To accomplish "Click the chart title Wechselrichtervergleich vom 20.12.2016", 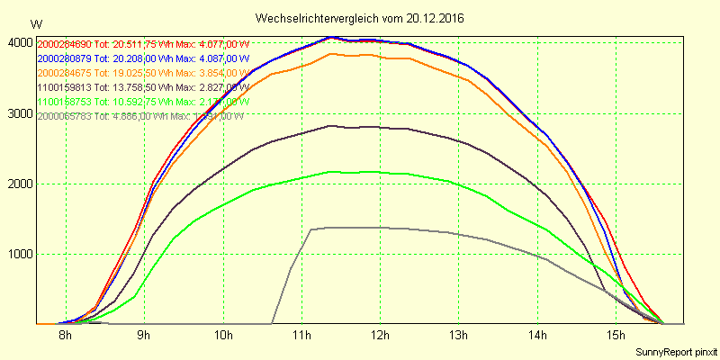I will point(359,18).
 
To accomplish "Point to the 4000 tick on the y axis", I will point(19,42).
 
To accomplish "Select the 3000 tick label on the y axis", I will point(19,113).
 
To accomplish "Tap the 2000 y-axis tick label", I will point(19,184).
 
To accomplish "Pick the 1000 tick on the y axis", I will point(19,254).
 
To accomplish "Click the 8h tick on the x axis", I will point(65,336).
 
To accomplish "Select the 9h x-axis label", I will point(143,336).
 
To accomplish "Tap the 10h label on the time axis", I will point(222,336).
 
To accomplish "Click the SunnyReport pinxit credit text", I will point(676,351).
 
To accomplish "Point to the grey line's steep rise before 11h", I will point(291,270).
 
